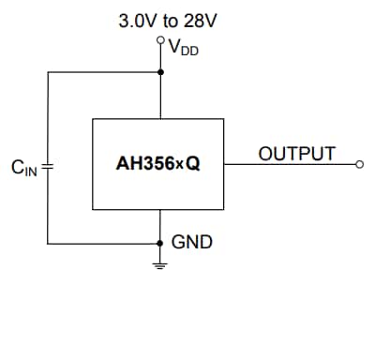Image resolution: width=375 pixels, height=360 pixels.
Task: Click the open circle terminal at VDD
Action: coord(160,40)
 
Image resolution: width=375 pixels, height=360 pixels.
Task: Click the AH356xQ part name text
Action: coord(157,163)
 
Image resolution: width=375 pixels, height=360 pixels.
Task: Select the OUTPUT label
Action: coord(296,153)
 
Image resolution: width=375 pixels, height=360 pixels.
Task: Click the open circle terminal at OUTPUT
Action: coord(359,163)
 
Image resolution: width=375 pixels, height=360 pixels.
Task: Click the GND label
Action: coord(191,242)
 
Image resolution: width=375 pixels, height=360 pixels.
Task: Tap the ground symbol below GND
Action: coord(160,264)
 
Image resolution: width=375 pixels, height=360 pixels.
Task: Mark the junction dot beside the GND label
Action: coord(160,242)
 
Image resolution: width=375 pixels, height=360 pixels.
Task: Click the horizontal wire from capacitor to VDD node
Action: coord(103,70)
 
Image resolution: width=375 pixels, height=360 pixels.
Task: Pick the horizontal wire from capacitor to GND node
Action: coord(103,242)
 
